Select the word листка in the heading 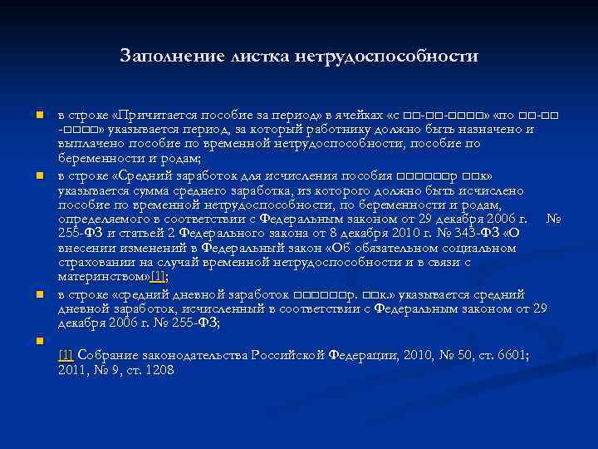pyautogui.click(x=254, y=57)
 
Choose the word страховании pyautogui.click(x=94, y=262)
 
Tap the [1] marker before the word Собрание pyautogui.click(x=66, y=354)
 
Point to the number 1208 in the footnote pyautogui.click(x=158, y=370)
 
